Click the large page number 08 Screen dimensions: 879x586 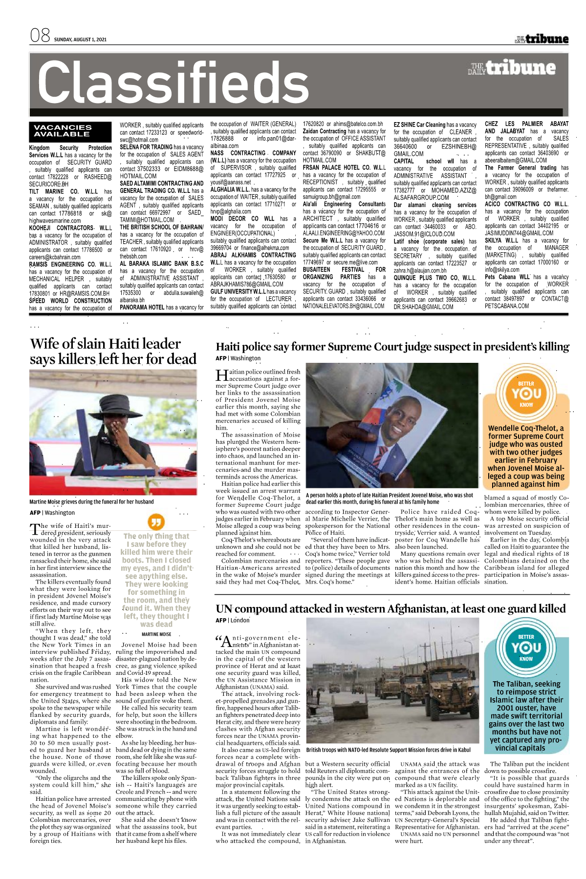[x=40, y=36]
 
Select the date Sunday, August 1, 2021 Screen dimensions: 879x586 [x=80, y=40]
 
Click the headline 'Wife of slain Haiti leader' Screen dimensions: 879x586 [x=105, y=344]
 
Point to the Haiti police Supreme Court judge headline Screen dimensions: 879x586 [x=392, y=347]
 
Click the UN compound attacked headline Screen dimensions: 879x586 [x=391, y=608]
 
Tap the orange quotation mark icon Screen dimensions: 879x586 [x=156, y=522]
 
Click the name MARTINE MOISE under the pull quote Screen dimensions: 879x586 [x=156, y=634]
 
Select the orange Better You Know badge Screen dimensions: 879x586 [x=526, y=394]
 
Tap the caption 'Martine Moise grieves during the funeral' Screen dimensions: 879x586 [x=91, y=502]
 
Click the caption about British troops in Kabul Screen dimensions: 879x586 [x=388, y=750]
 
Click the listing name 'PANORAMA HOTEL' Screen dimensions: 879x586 [x=142, y=308]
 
